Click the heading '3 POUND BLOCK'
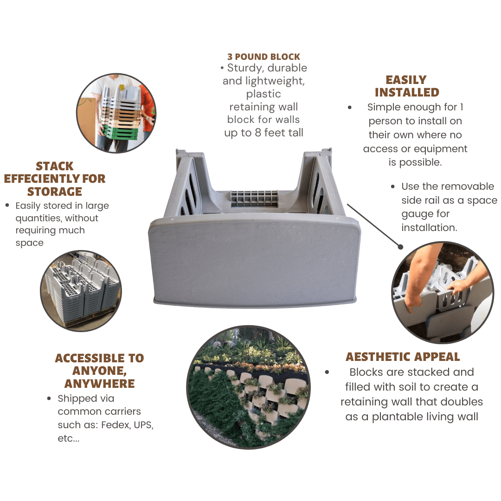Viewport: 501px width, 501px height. click(263, 57)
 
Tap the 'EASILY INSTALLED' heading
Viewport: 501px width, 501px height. click(406, 86)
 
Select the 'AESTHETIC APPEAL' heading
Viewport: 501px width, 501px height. click(403, 357)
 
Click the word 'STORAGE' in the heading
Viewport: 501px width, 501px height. click(55, 191)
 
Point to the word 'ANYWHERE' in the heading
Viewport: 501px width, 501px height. click(99, 384)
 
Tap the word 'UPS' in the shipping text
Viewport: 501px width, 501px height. click(142, 424)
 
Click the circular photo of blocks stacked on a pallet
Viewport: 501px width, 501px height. click(81, 290)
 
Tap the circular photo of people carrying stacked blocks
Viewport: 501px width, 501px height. click(116, 113)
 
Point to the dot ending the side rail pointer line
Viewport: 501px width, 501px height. click(400, 247)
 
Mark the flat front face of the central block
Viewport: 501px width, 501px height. click(254, 262)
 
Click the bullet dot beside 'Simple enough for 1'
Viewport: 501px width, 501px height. click(350, 108)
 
